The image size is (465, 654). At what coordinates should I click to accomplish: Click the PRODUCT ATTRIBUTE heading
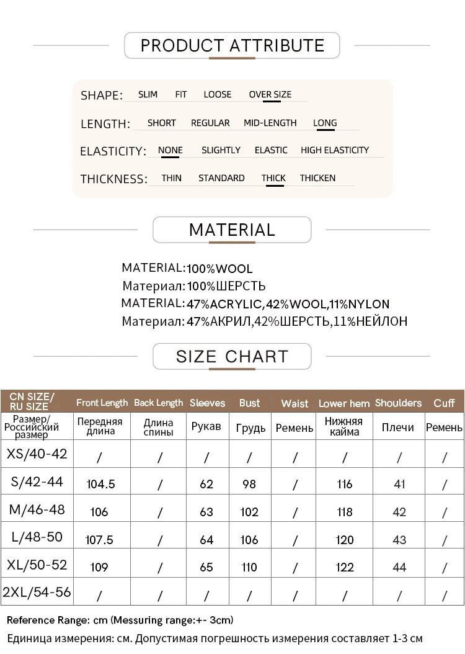[x=232, y=45]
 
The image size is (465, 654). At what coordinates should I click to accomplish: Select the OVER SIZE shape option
[x=270, y=94]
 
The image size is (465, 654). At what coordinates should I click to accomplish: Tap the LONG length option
[x=325, y=123]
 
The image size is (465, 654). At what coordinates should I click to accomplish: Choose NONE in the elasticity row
[x=170, y=150]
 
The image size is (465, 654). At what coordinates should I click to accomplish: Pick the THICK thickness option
[x=273, y=178]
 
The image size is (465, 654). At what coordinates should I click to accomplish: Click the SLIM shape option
[x=148, y=94]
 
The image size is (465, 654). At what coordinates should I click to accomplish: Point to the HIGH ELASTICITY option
[x=334, y=150]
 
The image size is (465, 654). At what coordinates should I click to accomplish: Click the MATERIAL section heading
[x=232, y=230]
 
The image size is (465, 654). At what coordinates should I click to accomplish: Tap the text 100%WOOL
[x=219, y=269]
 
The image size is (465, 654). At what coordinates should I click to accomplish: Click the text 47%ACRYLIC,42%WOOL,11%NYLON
[x=288, y=304]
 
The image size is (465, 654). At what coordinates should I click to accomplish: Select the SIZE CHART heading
[x=232, y=357]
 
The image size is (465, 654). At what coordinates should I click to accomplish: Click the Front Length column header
[x=102, y=403]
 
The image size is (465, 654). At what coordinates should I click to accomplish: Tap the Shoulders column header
[x=398, y=403]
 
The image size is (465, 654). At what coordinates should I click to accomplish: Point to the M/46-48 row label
[x=37, y=510]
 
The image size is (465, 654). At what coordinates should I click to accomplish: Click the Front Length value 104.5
[x=100, y=484]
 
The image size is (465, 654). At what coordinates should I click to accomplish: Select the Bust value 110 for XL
[x=249, y=567]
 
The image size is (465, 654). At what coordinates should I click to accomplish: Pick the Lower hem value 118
[x=345, y=512]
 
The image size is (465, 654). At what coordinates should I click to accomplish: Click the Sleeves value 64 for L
[x=206, y=540]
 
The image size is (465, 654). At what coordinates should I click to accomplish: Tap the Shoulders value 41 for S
[x=399, y=484]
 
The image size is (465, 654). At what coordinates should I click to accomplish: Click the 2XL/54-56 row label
[x=37, y=592]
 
